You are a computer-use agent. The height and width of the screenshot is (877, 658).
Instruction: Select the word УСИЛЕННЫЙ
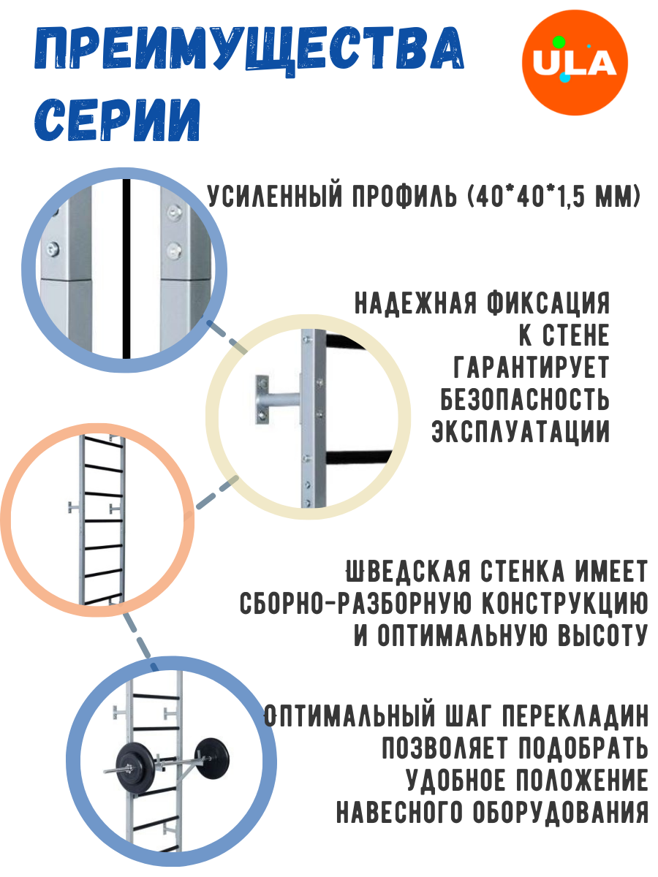tap(281, 197)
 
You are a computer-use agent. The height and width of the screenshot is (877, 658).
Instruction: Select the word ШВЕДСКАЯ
tap(405, 571)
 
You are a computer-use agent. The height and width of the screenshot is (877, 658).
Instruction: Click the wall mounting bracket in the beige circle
tap(274, 399)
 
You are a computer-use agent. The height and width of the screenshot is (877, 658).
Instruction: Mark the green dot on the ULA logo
tap(559, 42)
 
